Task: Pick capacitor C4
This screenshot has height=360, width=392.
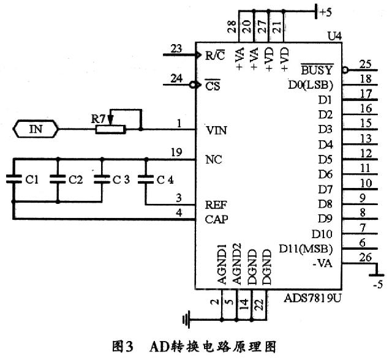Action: click(x=146, y=179)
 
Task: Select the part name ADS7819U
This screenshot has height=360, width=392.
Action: click(x=312, y=298)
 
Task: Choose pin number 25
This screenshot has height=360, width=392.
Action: click(x=366, y=63)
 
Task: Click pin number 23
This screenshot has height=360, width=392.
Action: click(x=178, y=48)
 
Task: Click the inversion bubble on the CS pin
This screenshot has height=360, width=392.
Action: click(x=193, y=85)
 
